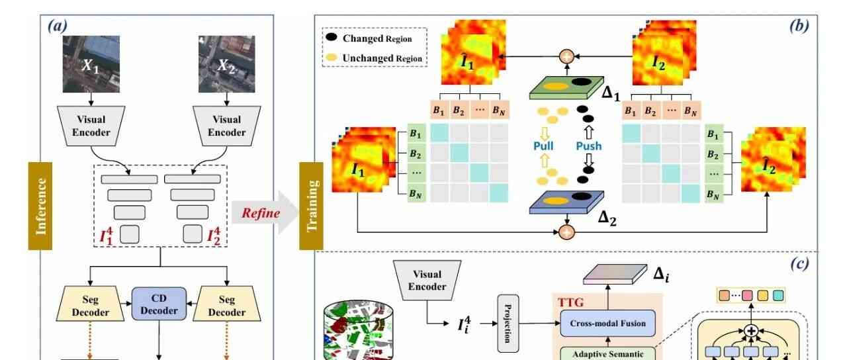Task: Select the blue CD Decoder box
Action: coord(159,305)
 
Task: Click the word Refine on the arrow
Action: coord(260,213)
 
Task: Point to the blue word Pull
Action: coord(543,146)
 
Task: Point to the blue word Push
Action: coord(588,146)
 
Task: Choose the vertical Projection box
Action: coord(508,323)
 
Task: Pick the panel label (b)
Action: coord(798,26)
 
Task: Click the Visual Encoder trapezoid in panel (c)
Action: coord(427,280)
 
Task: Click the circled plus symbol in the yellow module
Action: coord(751,330)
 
